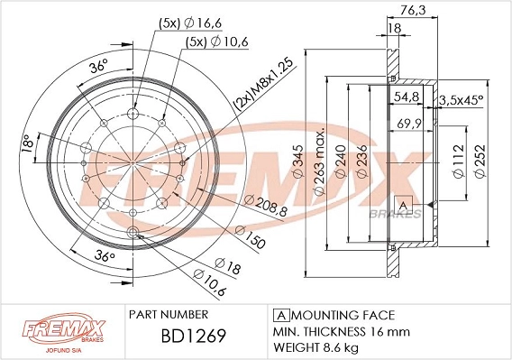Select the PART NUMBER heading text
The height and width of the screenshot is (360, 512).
[169, 315]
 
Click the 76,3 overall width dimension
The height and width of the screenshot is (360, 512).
[413, 12]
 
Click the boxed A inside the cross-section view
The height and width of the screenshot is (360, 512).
[405, 205]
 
